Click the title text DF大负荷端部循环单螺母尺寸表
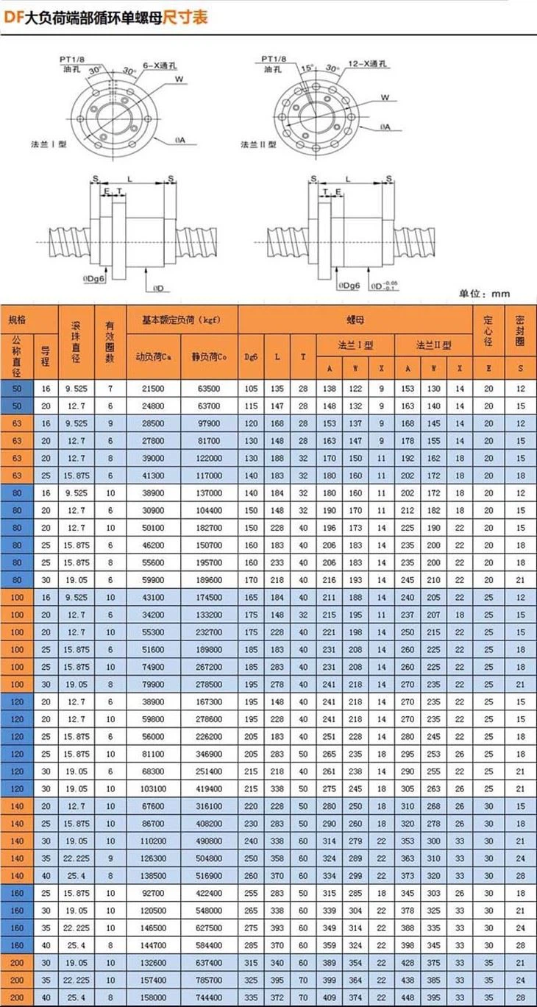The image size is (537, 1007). [106, 15]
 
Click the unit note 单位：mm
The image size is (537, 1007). [484, 294]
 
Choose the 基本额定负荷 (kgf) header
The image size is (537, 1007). [182, 319]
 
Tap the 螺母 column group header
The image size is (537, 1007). [355, 319]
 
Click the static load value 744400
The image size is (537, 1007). [210, 997]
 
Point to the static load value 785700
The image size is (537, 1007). [210, 981]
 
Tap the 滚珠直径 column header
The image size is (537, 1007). [77, 342]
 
